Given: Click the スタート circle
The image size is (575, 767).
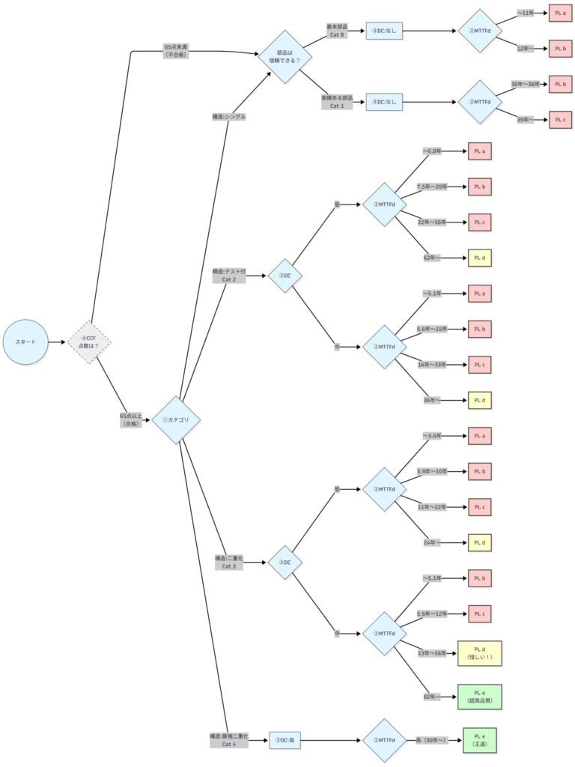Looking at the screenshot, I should coord(25,342).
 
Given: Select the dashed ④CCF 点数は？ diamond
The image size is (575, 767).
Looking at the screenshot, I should coord(89,342).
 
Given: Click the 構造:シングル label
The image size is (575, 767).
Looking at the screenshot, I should coord(229,116).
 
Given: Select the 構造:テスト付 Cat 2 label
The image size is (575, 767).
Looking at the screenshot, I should coord(229,276).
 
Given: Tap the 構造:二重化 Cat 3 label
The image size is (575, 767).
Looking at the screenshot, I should coord(229,562).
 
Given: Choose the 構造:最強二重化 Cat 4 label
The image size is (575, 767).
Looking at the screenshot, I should coord(229,740).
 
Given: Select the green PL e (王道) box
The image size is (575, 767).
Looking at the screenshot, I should coord(479,740).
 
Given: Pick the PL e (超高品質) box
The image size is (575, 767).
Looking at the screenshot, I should coord(479,697).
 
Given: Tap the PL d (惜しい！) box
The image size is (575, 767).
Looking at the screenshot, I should coord(479,653).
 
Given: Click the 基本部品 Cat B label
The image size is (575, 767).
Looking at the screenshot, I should coord(336,31).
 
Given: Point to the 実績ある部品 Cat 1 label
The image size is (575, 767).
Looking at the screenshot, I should coord(336,102).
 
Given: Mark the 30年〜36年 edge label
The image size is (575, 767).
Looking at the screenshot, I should coord(525,84).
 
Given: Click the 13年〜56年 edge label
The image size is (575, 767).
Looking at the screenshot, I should coord(432,653).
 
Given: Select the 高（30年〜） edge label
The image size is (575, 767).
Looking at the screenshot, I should coord(431,740).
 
